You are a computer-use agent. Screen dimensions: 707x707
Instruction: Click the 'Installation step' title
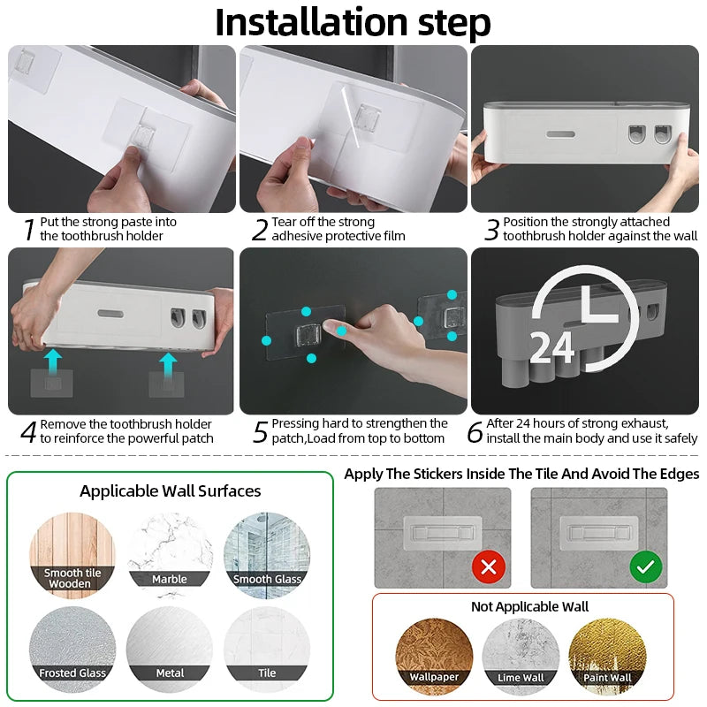tap(353, 22)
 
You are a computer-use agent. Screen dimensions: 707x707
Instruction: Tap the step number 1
tap(28, 230)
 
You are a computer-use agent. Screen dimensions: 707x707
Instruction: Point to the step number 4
tap(28, 432)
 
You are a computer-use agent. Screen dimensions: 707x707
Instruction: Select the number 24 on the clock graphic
tap(552, 347)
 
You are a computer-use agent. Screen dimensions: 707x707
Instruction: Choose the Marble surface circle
tap(170, 555)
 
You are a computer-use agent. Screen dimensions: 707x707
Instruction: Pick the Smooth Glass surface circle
tap(267, 555)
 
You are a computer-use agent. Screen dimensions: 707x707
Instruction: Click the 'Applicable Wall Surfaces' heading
tap(171, 490)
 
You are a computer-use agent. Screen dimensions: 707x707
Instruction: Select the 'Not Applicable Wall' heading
tap(530, 606)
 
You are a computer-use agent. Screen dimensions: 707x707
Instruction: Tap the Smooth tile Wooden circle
tap(72, 555)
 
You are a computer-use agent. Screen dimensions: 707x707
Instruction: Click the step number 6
tap(475, 432)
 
